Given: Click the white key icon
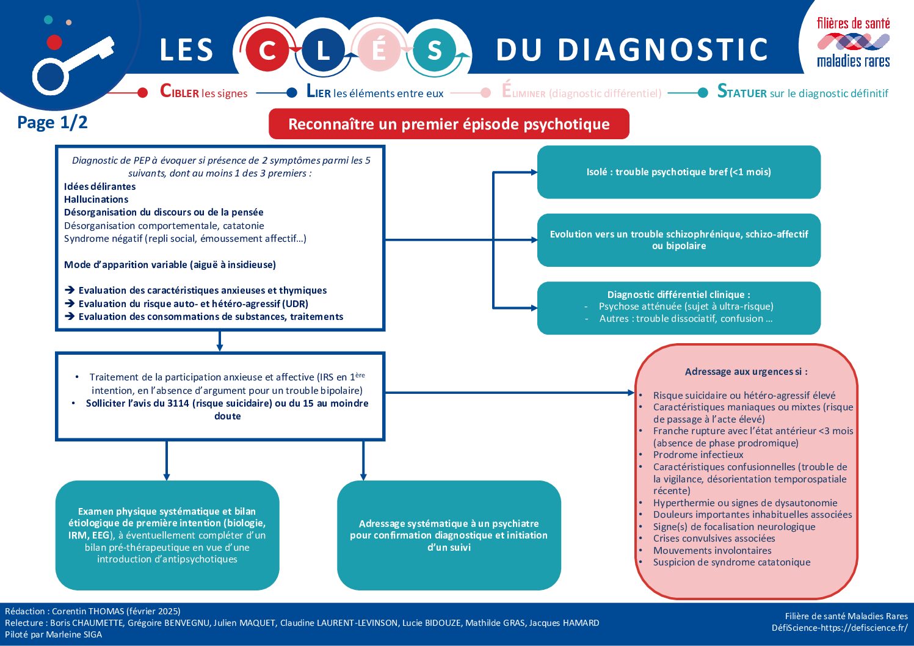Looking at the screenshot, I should pos(70,65).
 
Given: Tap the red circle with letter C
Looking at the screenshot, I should pos(267,50).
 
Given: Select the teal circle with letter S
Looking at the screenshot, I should pos(434,50).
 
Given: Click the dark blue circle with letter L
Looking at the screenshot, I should pos(323,50).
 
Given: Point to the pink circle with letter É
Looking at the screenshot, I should pos(379,50).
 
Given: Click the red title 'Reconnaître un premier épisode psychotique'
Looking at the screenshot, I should pos(449,124).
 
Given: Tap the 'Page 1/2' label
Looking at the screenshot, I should pos(53,122).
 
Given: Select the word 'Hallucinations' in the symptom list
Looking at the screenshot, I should pos(96,199).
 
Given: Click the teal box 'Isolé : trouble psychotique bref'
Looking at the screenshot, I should pos(678,172).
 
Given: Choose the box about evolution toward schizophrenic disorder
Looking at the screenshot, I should pos(678,240).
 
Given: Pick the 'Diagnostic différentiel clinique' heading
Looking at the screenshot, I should pos(678,294).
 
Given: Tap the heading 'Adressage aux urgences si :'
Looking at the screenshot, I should pos(745,371).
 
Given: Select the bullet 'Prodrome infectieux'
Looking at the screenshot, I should pos(698,454).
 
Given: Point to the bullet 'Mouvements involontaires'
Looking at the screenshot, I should pos(712,550).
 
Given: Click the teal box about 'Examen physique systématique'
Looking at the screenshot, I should pos(167,535).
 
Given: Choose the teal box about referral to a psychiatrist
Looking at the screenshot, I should pos(449,535).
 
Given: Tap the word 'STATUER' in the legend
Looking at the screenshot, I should pos(742,92).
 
